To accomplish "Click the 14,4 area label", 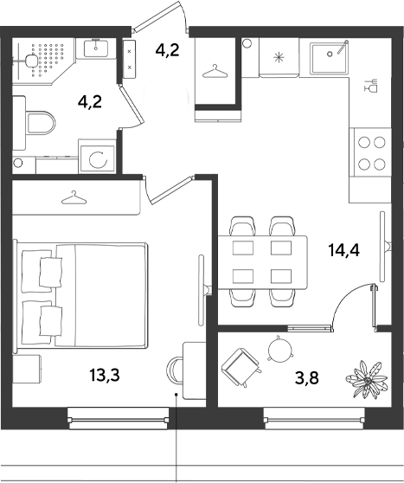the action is (x=343, y=250).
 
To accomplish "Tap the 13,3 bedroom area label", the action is (x=105, y=375).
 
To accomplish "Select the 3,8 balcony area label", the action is (x=307, y=377).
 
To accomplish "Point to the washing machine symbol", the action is (x=97, y=159).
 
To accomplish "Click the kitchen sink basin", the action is (x=330, y=58).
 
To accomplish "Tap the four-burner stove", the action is (x=372, y=152).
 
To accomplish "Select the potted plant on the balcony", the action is (x=367, y=380).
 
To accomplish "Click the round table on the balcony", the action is (x=279, y=348).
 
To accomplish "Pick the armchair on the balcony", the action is (x=240, y=367).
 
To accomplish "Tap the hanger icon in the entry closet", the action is (x=215, y=71).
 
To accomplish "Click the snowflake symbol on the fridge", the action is (x=279, y=58).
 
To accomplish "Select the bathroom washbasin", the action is (x=96, y=48).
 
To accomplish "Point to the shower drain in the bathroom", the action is (x=30, y=61).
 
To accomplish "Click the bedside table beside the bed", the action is (x=27, y=369).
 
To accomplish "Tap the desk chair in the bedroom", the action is (x=175, y=370).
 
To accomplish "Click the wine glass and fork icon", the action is (x=371, y=86).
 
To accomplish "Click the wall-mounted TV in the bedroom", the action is (x=203, y=290).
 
